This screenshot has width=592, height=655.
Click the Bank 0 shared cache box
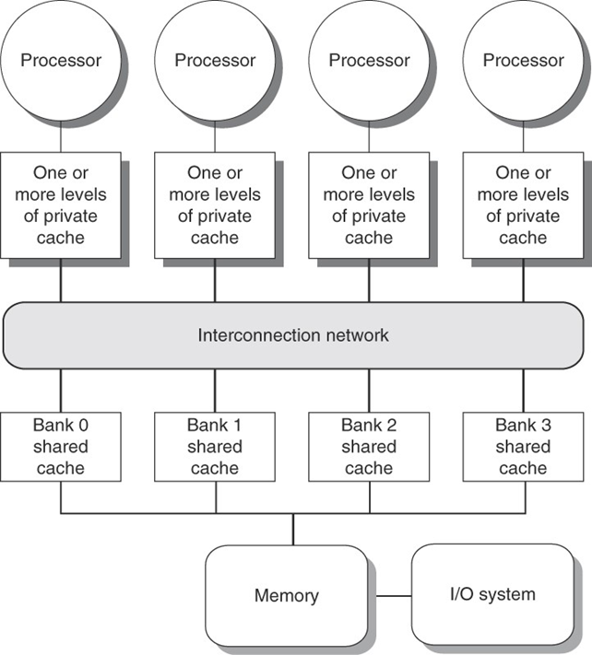click(x=61, y=447)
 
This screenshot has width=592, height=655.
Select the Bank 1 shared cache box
click(x=215, y=447)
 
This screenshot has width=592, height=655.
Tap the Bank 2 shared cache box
click(x=369, y=447)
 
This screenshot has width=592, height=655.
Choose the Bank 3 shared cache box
click(x=523, y=447)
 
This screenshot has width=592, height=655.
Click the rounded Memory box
click(x=286, y=594)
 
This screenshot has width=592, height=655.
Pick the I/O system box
click(x=492, y=594)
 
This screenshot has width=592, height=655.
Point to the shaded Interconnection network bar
click(x=293, y=335)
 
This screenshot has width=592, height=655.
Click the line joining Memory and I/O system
click(x=388, y=596)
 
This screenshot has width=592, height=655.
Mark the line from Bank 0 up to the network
click(x=61, y=391)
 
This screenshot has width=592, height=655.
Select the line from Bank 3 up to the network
click(x=523, y=391)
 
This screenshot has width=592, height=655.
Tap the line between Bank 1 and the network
click(x=215, y=391)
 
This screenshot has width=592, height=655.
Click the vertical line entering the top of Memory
click(x=293, y=530)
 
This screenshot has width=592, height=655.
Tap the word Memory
click(x=286, y=595)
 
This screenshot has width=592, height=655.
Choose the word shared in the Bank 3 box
click(x=523, y=447)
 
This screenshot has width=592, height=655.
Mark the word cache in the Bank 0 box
click(x=61, y=468)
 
